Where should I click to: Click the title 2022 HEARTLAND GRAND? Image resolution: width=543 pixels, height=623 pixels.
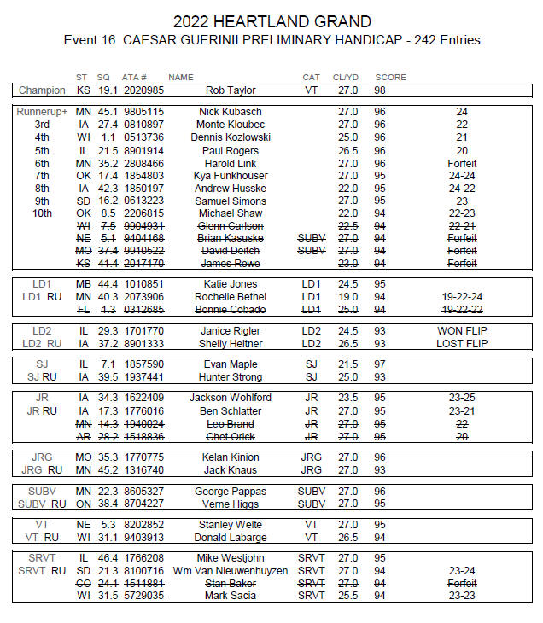pos(271,21)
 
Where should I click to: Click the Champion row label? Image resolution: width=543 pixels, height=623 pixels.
pos(42,90)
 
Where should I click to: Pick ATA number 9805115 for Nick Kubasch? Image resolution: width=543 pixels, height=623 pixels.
pos(143,112)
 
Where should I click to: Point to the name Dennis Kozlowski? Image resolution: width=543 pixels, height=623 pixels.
pos(235,137)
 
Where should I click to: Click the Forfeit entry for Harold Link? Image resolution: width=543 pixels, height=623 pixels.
pos(462,163)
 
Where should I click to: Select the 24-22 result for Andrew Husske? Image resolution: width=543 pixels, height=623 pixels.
pos(462,189)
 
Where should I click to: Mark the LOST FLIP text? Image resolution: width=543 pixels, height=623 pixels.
pos(462,343)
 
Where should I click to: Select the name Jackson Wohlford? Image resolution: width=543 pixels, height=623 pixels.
pos(235,398)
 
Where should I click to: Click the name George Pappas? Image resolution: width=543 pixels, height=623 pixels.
pos(235,492)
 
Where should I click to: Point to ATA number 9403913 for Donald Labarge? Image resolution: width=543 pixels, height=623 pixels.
pos(143,538)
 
